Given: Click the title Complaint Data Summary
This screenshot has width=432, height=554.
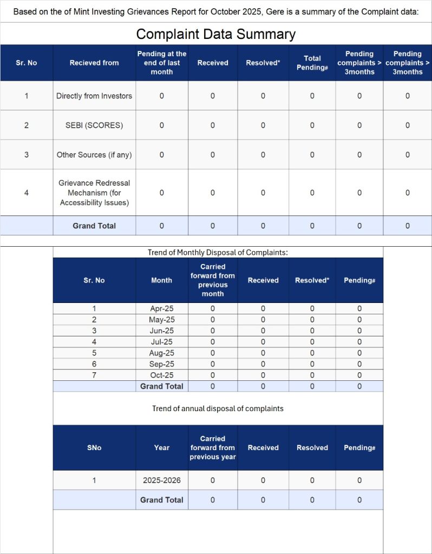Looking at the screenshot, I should [x=215, y=35].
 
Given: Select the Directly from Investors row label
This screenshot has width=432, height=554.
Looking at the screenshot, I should [x=94, y=96].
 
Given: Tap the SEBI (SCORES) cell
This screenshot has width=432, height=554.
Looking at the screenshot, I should [x=94, y=125].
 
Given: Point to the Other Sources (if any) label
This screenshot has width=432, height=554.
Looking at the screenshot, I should [x=94, y=155].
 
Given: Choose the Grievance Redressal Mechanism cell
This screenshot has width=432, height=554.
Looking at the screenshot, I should [x=94, y=193].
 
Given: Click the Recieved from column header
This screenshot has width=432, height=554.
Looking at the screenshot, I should [x=94, y=63].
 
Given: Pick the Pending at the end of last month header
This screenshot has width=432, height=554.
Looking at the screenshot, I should [x=161, y=63].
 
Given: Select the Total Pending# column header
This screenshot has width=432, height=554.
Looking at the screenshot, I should [x=312, y=63].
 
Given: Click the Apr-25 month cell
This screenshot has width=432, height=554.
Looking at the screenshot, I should [x=161, y=308].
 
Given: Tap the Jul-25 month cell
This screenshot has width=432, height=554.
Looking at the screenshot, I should [x=161, y=342].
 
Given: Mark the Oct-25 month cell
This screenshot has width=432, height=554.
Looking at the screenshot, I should [x=161, y=375].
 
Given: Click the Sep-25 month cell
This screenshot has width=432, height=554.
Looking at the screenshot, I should [x=161, y=364].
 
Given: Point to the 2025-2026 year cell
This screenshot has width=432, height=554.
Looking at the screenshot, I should [x=161, y=480].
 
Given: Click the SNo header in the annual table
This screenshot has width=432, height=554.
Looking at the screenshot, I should [x=94, y=447].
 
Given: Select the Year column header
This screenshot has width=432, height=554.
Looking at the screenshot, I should [x=161, y=447].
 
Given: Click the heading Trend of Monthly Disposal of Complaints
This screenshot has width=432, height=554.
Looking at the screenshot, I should [x=218, y=253].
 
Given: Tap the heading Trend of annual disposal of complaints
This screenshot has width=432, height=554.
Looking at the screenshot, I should [x=218, y=408].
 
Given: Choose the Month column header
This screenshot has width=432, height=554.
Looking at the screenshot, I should [x=161, y=280].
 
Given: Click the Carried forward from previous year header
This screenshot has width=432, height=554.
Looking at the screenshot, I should [x=212, y=447].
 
